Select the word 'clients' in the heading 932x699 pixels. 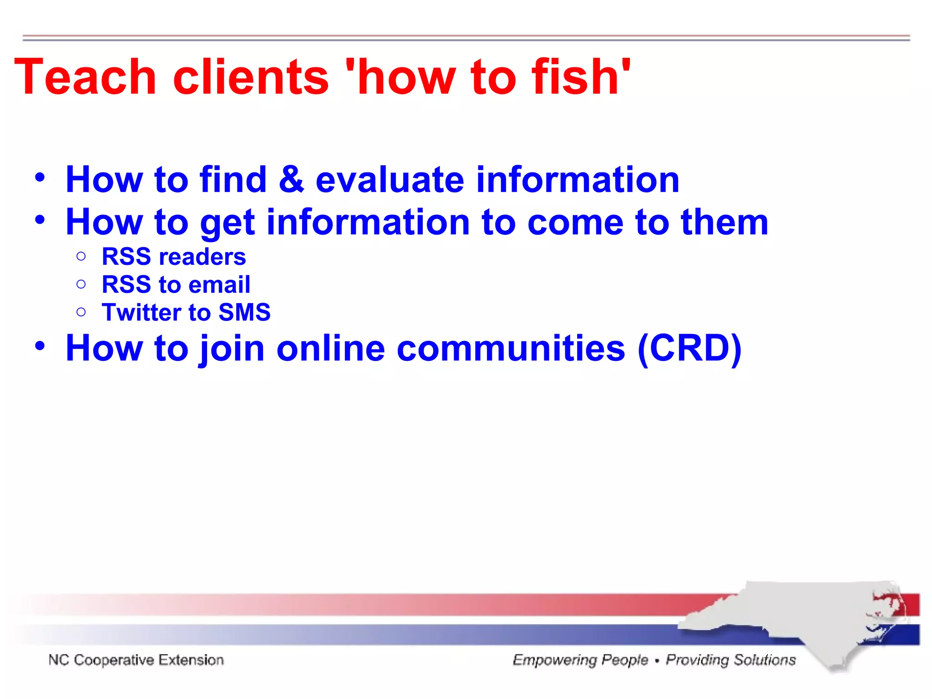251,77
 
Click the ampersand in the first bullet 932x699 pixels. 291,179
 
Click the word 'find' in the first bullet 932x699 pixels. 233,179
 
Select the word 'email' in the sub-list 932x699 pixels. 219,285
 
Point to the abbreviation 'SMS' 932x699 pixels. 244,313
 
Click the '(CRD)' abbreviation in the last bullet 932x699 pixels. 689,349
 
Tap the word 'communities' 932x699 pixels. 511,349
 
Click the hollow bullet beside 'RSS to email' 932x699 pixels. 81,284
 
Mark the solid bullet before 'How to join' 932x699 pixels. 40,346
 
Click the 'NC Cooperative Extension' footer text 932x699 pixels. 136,660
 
